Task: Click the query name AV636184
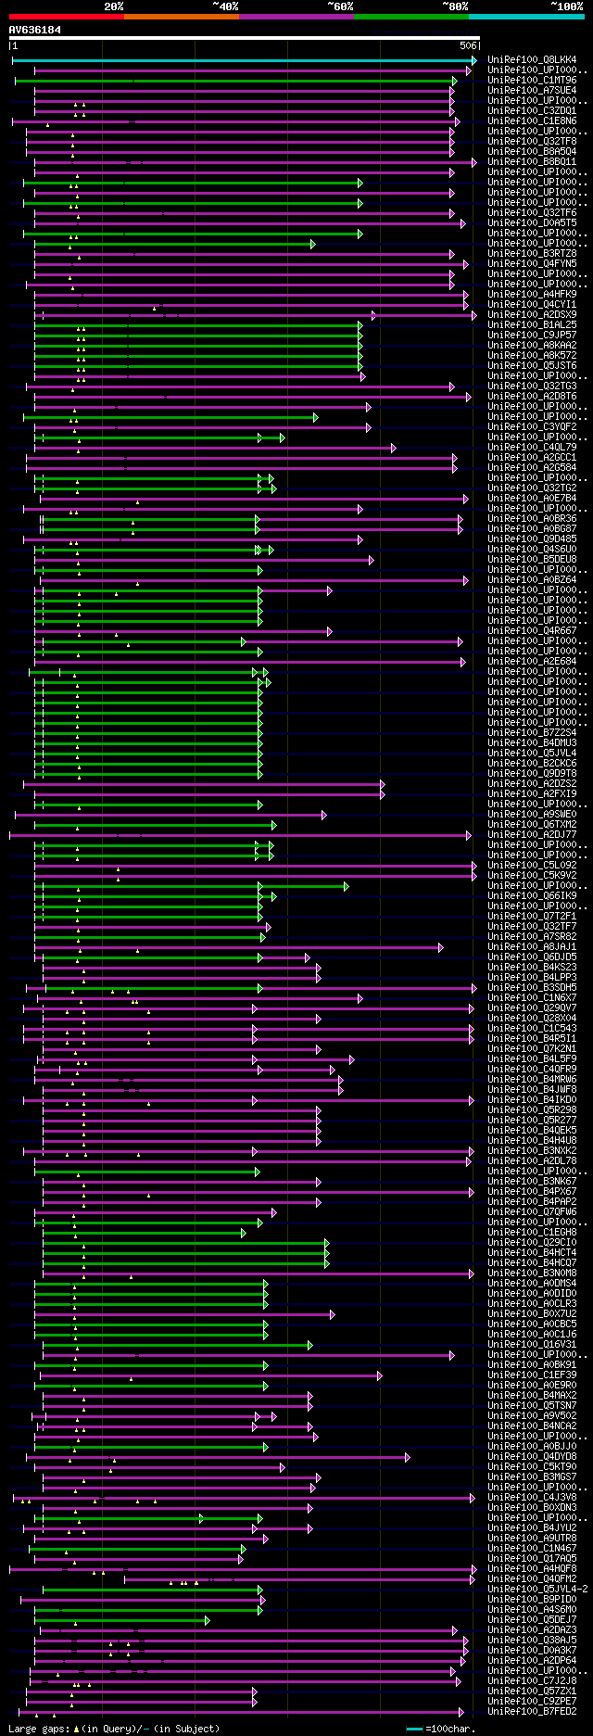pyautogui.click(x=35, y=30)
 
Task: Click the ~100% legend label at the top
pyautogui.click(x=566, y=6)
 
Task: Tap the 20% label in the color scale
pyautogui.click(x=114, y=6)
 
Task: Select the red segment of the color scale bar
pyautogui.click(x=66, y=17)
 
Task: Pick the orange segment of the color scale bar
pyautogui.click(x=181, y=17)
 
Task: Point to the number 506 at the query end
pyautogui.click(x=467, y=45)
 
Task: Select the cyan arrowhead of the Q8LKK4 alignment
pyautogui.click(x=473, y=60)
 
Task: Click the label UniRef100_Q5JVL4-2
pyautogui.click(x=537, y=1590)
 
